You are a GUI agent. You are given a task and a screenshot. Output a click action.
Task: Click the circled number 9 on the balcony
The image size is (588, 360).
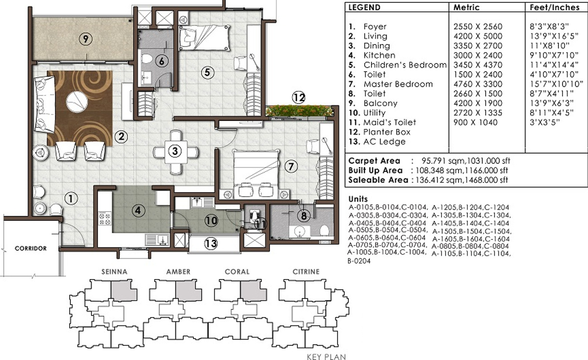tap(86, 39)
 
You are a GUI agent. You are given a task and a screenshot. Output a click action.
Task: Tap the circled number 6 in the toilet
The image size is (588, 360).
tap(161, 61)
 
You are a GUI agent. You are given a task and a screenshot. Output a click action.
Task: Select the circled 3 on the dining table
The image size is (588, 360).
tap(175, 151)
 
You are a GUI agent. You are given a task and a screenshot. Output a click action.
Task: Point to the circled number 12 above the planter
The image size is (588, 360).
tap(299, 97)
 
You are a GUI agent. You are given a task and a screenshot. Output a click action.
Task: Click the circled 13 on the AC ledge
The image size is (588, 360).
tap(211, 243)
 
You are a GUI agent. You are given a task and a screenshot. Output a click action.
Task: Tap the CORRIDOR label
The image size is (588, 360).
tap(31, 248)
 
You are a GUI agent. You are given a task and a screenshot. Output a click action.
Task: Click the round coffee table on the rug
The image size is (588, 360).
tap(77, 101)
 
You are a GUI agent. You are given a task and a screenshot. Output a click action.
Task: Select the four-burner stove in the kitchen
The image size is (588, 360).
tap(104, 219)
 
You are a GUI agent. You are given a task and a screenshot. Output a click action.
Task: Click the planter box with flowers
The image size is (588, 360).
tap(299, 111)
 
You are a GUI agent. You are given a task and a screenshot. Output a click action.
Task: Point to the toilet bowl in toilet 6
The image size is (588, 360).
tap(147, 59)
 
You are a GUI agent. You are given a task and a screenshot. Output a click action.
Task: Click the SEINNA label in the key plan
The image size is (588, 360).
tap(115, 271)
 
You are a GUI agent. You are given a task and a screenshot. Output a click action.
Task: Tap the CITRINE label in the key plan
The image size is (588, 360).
tap(306, 271)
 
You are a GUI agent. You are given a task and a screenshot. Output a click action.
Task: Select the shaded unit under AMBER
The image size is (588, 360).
tap(189, 291)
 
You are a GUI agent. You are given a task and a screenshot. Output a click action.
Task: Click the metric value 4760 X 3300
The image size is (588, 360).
tap(478, 84)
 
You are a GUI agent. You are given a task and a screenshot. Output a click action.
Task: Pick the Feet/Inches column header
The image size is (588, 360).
tap(554, 7)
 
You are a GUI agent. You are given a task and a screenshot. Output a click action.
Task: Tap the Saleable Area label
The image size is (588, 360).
tap(378, 180)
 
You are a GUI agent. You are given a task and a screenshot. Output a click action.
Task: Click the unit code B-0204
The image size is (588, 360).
tap(359, 261)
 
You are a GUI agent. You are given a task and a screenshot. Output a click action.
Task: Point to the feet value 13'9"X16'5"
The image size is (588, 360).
tap(554, 36)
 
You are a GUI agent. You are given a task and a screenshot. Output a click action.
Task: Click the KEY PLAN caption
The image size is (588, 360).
tap(326, 357)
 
